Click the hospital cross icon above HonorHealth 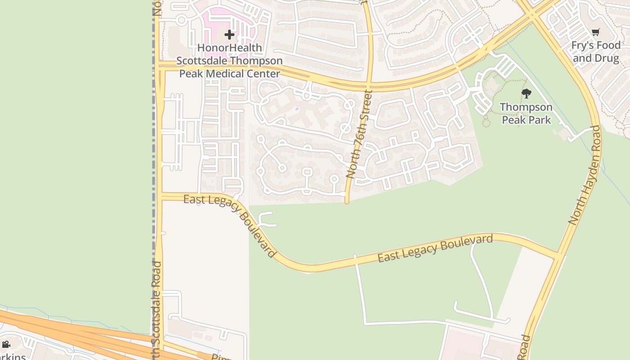click(229, 34)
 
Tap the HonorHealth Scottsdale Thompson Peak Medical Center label click(229, 61)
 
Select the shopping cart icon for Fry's click(596, 32)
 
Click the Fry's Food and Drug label click(596, 52)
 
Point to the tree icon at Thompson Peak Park click(526, 94)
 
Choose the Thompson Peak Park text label click(526, 113)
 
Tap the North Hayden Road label click(584, 175)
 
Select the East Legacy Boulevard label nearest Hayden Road click(435, 248)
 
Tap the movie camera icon click(6, 345)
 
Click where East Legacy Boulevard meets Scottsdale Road click(159, 197)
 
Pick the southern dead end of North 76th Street click(347, 202)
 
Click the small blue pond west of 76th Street click(297, 109)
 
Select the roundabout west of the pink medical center click(181, 20)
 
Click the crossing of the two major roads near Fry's click(533, 14)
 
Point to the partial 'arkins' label click(12, 356)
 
